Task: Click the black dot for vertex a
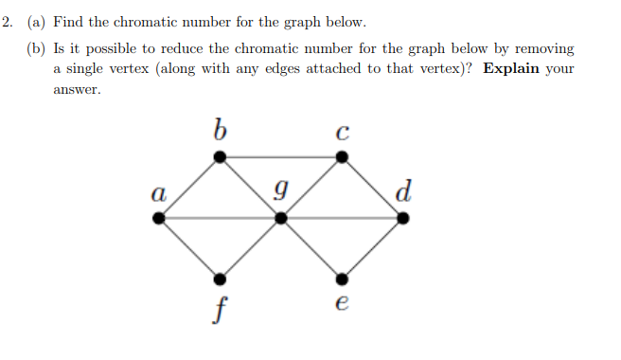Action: tap(159, 218)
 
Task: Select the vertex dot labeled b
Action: tap(220, 156)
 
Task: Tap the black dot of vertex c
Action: tap(343, 156)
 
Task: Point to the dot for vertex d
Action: tap(403, 218)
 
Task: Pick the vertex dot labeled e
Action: tap(343, 279)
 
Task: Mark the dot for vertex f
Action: tap(220, 279)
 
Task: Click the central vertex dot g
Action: tap(281, 218)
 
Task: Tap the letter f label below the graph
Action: tap(220, 309)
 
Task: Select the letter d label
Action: tap(404, 191)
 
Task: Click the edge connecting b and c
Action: tap(281, 156)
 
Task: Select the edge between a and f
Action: tap(189, 249)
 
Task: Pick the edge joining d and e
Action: tap(373, 249)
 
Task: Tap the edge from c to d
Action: tap(373, 187)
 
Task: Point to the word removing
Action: tap(543, 47)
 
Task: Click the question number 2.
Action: tap(6, 21)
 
